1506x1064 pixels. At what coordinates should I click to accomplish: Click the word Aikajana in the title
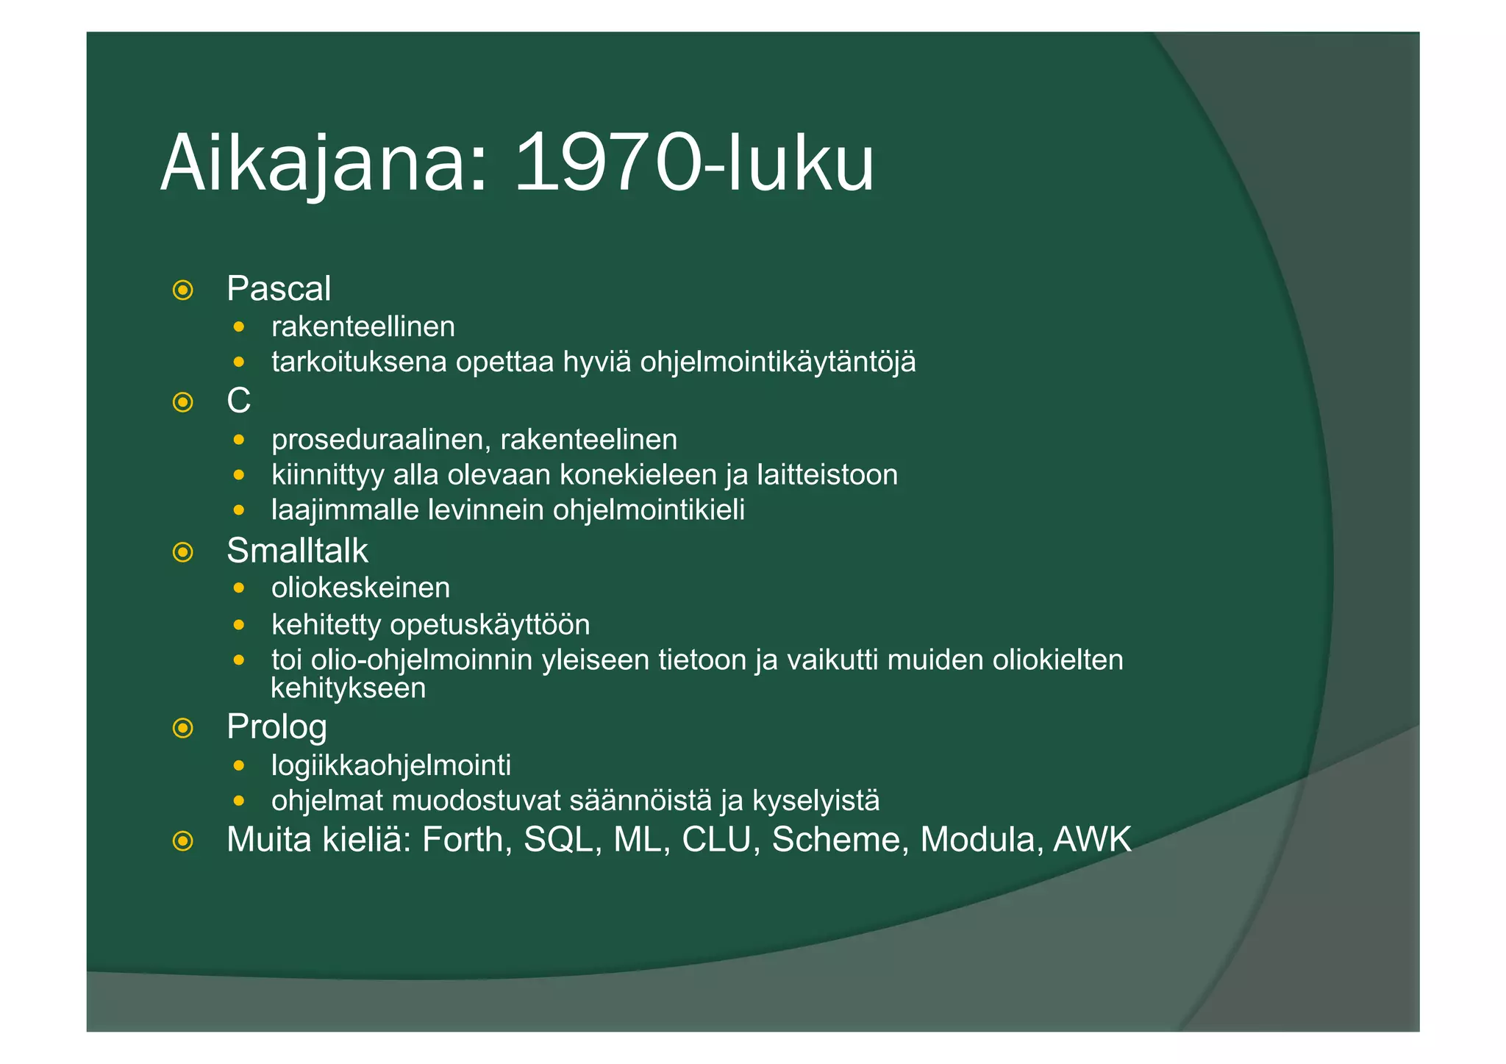click(324, 163)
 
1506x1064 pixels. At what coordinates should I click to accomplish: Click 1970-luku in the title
click(693, 163)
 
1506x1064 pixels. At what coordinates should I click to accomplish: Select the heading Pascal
click(278, 288)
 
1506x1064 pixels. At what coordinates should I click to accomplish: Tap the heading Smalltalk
click(297, 551)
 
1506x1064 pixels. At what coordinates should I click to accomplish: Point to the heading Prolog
click(276, 727)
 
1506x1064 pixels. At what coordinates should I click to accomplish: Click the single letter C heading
click(238, 401)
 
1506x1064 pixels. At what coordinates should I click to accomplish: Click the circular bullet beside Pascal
click(182, 290)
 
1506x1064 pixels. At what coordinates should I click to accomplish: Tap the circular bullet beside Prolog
click(182, 729)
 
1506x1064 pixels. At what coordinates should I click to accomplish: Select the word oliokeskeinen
click(360, 588)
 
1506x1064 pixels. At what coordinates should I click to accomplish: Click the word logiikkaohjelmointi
click(390, 765)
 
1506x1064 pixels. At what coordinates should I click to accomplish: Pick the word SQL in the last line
click(558, 840)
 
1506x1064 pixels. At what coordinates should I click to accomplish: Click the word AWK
click(1092, 840)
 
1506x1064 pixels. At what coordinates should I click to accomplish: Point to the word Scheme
click(836, 840)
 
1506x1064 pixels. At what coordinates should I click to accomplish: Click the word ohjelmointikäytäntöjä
click(777, 363)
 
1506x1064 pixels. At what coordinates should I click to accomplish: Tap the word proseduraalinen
click(381, 440)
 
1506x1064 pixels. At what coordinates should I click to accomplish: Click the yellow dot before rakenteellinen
click(238, 326)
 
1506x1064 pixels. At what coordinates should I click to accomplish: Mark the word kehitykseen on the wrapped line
click(348, 689)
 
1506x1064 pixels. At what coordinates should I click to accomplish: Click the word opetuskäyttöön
click(490, 625)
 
